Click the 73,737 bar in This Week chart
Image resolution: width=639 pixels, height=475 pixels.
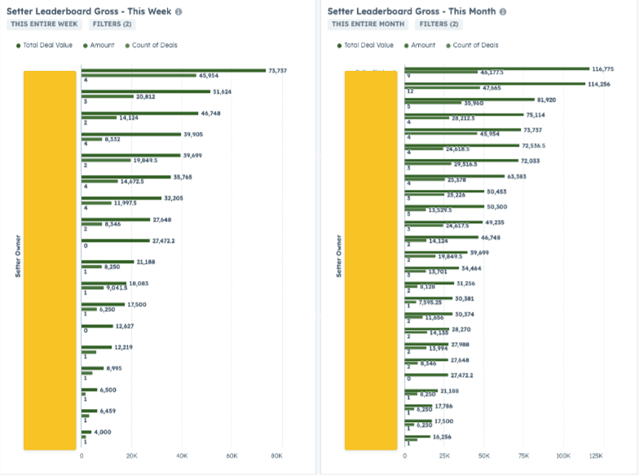[171, 71]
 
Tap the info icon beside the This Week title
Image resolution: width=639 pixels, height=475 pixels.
[178, 12]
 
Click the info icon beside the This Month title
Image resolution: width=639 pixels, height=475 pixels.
[503, 12]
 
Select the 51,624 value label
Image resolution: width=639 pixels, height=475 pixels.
[222, 92]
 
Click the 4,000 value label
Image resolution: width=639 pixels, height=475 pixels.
[102, 432]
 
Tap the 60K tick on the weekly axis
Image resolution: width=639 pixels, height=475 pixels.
[232, 455]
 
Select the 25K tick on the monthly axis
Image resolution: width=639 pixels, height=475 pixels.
[444, 455]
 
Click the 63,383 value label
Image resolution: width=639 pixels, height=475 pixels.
[517, 175]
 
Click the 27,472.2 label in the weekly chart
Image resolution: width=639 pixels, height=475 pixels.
[163, 241]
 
